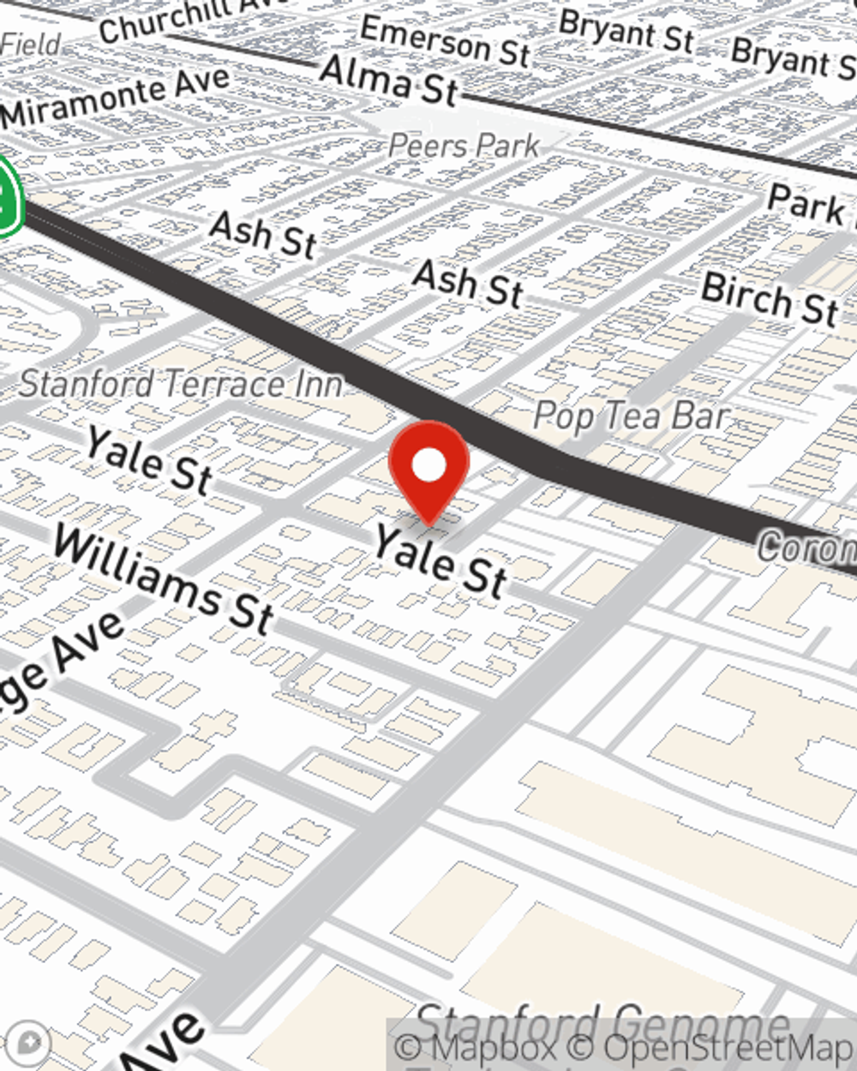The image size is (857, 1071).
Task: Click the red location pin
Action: [x=428, y=467]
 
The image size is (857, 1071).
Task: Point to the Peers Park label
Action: [x=464, y=146]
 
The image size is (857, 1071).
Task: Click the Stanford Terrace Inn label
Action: [x=181, y=384]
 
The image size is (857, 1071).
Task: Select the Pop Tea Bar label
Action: [x=631, y=416]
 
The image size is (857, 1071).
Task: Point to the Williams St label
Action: [x=163, y=579]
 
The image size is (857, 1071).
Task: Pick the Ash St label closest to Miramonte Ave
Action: [x=263, y=234]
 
